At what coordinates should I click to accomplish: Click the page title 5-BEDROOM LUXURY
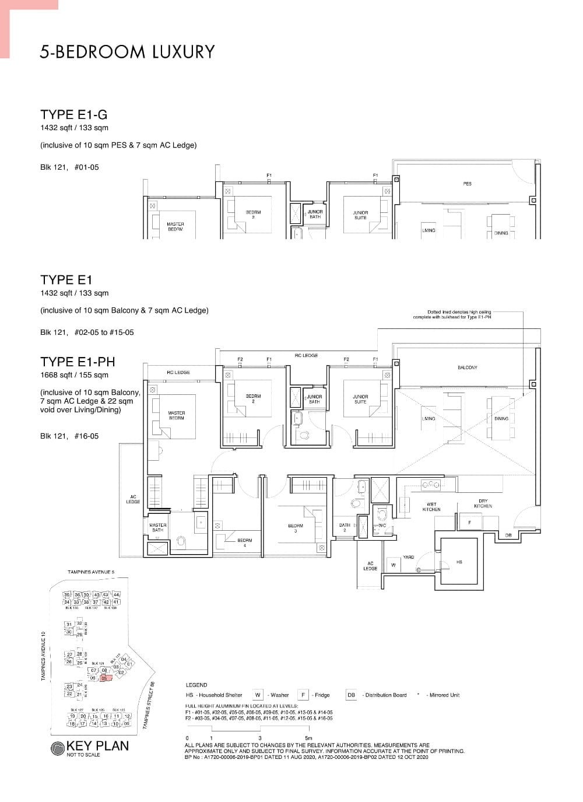[x=127, y=52]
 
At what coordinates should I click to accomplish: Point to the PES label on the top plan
[x=467, y=184]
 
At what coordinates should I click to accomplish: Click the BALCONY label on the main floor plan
[x=467, y=367]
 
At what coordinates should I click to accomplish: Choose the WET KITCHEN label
[x=431, y=507]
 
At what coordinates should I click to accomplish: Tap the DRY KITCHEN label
[x=483, y=503]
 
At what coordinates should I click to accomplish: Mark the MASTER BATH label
[x=157, y=527]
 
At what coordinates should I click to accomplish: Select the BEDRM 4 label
[x=245, y=543]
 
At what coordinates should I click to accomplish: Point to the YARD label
[x=409, y=557]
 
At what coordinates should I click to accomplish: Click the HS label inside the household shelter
[x=459, y=562]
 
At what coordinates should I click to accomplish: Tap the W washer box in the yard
[x=393, y=565]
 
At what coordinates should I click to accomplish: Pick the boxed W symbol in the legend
[x=258, y=695]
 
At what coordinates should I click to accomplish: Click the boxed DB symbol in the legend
[x=351, y=695]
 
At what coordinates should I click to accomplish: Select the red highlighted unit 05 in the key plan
[x=104, y=678]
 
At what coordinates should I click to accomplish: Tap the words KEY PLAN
[x=97, y=746]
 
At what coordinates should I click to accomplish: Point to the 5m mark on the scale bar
[x=308, y=738]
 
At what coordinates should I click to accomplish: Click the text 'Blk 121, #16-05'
[x=69, y=436]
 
